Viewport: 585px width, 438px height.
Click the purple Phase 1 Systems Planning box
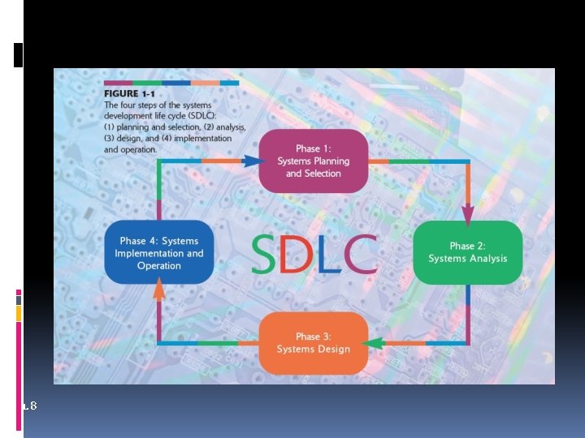point(314,161)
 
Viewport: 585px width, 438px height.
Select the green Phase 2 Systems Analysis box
point(467,251)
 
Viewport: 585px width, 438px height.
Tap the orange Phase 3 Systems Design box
point(314,342)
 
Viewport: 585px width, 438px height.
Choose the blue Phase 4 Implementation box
point(159,253)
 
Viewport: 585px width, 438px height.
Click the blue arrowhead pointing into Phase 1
point(253,161)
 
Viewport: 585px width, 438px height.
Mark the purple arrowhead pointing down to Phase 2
point(468,214)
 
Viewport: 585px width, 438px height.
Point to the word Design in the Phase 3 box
point(333,350)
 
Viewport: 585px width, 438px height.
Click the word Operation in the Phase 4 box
point(159,266)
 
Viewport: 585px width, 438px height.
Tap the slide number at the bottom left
point(30,405)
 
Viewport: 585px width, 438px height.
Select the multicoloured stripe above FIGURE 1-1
point(171,83)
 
